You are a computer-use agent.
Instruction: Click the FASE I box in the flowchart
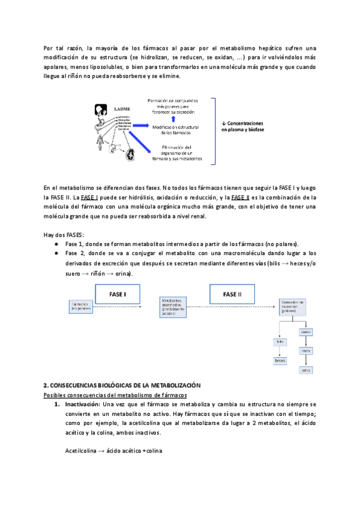[x=118, y=294]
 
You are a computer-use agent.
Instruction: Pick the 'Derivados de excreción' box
[x=293, y=306]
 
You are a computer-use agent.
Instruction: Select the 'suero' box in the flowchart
[x=305, y=331]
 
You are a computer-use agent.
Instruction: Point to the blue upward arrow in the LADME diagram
[x=173, y=119]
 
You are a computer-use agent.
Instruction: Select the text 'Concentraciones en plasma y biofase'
[x=245, y=126]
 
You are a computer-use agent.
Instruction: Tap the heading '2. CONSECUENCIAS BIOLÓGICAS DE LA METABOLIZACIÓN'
[x=122, y=384]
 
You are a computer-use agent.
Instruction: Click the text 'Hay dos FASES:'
[x=64, y=234]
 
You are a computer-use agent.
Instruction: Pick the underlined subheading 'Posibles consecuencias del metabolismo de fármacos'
[x=115, y=394]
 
